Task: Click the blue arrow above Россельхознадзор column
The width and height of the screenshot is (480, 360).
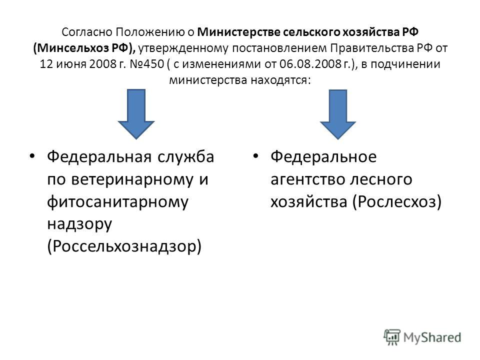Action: pos(136,114)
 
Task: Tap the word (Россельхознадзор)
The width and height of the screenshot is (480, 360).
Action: pos(124,246)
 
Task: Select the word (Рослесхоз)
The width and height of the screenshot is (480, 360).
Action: pos(397,201)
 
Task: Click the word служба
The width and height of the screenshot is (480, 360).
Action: pos(186,156)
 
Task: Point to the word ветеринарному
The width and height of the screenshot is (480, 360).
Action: pos(132,179)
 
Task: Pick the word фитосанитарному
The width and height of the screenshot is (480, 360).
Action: pos(117,202)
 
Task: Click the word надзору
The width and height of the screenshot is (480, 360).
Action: pos(79,224)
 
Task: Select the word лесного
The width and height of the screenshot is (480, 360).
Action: pos(381,179)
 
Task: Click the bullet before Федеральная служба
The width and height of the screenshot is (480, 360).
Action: pos(32,156)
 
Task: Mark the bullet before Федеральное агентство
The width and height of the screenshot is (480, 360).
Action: pos(255,156)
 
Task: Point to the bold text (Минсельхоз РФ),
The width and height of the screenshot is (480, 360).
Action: pos(84,48)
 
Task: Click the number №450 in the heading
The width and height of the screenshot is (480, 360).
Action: pos(146,64)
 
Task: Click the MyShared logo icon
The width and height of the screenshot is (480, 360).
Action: pos(392,337)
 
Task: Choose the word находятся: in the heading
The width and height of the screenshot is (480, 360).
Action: pos(280,80)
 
